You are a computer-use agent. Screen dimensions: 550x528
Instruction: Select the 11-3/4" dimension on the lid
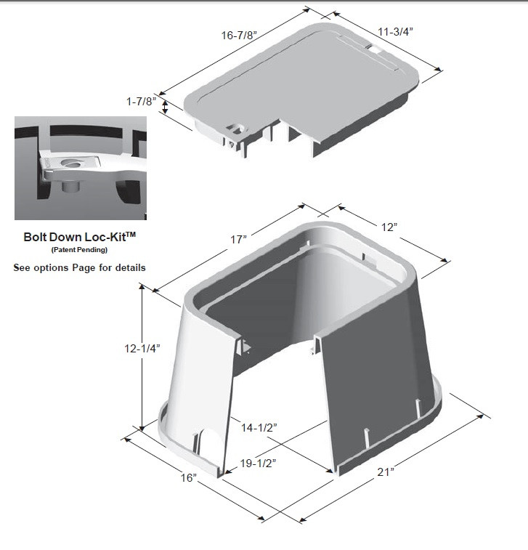pyautogui.click(x=396, y=31)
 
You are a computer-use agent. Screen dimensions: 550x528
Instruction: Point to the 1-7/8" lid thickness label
pyautogui.click(x=140, y=102)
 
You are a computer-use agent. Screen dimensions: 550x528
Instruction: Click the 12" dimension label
pyautogui.click(x=390, y=227)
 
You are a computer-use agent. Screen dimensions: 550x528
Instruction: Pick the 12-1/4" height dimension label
pyautogui.click(x=142, y=348)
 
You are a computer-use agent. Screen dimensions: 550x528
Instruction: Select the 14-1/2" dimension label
pyautogui.click(x=257, y=429)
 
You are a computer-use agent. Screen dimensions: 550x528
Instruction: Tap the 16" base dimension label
pyautogui.click(x=189, y=478)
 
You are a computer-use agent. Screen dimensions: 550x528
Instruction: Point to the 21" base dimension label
pyautogui.click(x=386, y=472)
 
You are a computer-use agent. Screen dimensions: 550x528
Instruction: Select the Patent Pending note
pyautogui.click(x=80, y=250)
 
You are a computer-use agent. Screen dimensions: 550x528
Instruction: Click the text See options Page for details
pyautogui.click(x=80, y=267)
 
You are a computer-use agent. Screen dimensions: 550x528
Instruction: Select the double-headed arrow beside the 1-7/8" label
pyautogui.click(x=166, y=108)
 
